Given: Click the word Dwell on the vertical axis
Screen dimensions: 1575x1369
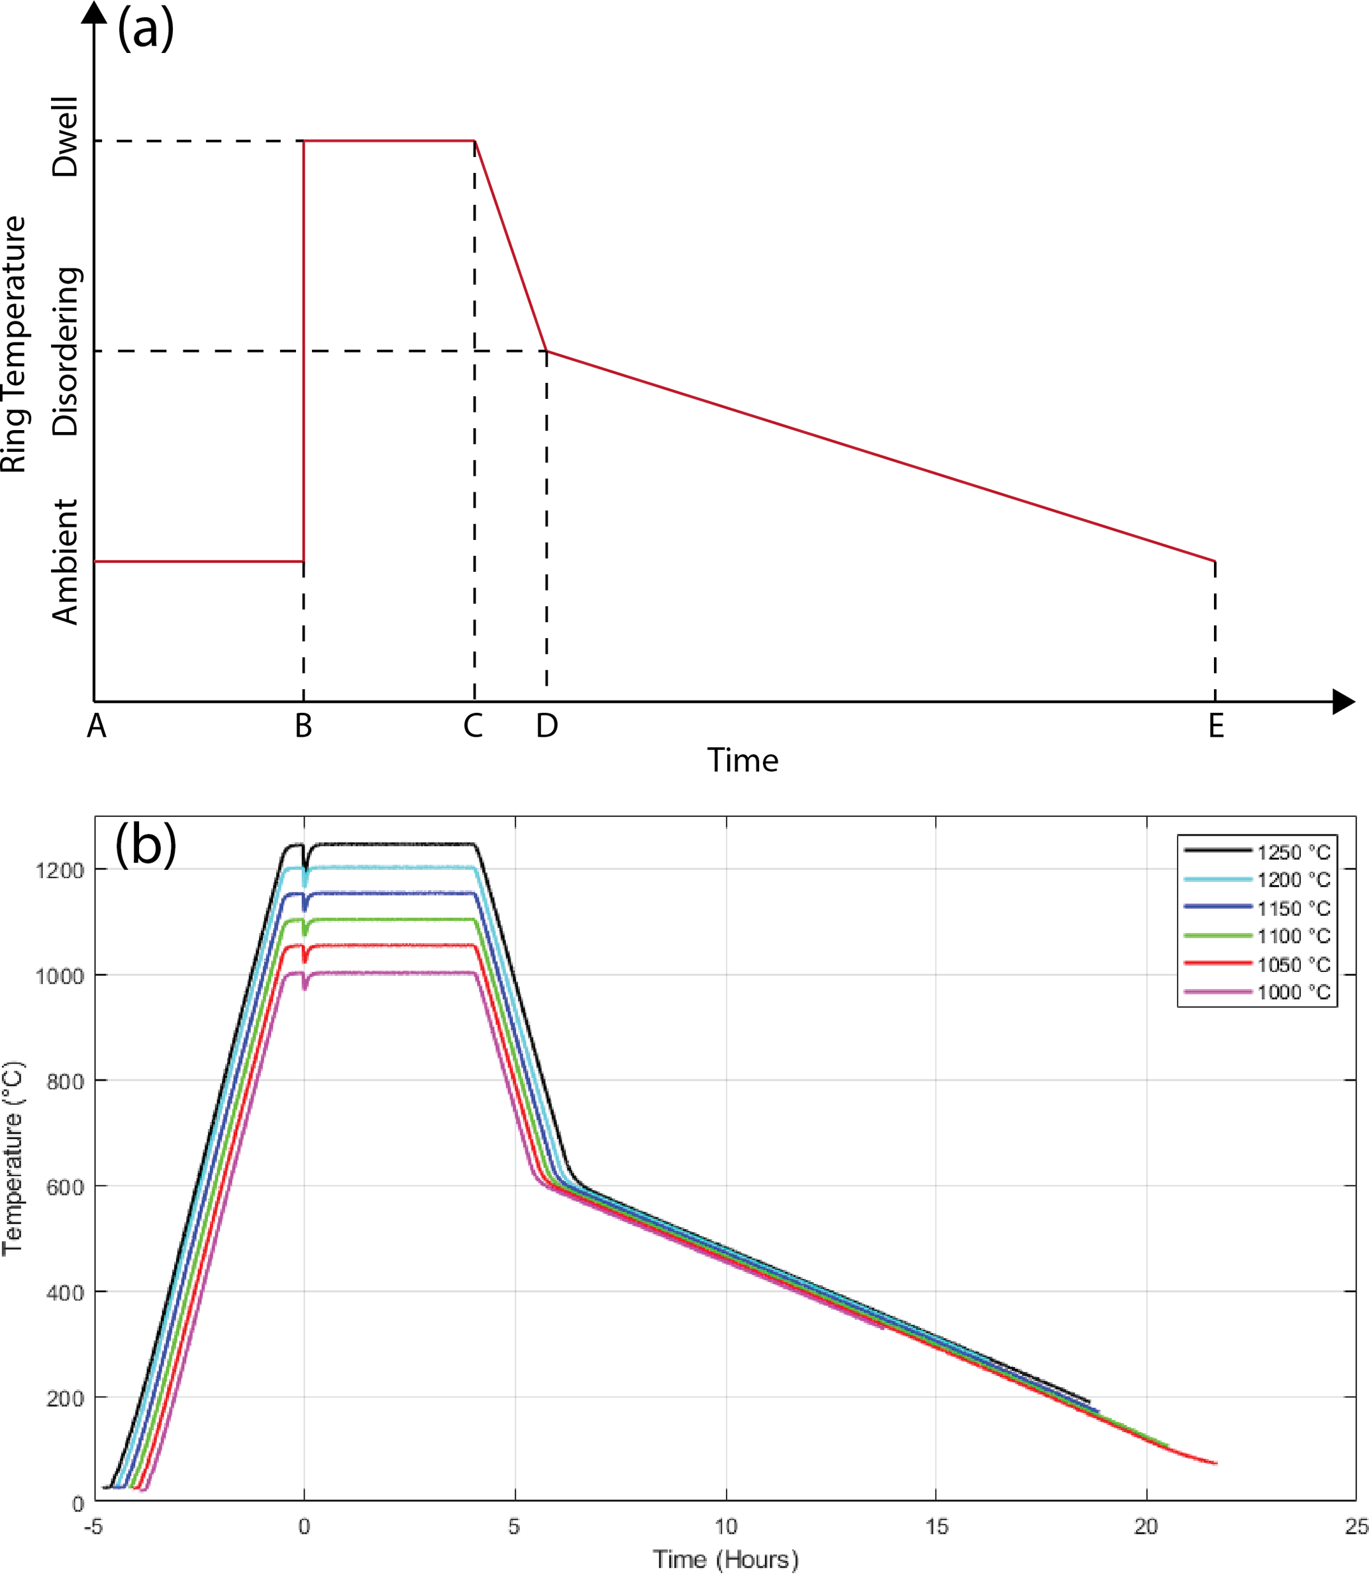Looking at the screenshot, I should [66, 136].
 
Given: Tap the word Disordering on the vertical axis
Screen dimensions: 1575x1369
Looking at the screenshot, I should [66, 352].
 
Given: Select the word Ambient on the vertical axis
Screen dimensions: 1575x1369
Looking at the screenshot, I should [66, 563].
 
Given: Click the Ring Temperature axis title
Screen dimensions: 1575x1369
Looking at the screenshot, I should [14, 344].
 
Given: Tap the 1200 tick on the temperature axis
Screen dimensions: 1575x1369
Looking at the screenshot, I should [59, 871].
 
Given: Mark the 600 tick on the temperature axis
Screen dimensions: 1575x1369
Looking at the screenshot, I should [65, 1187].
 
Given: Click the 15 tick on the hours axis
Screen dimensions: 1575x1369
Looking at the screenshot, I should [937, 1527].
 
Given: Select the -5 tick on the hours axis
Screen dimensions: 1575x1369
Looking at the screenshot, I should [93, 1527].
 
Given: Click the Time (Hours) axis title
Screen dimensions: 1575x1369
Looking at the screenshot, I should [726, 1559].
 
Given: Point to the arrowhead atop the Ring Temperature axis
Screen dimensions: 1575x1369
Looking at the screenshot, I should [94, 12].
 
